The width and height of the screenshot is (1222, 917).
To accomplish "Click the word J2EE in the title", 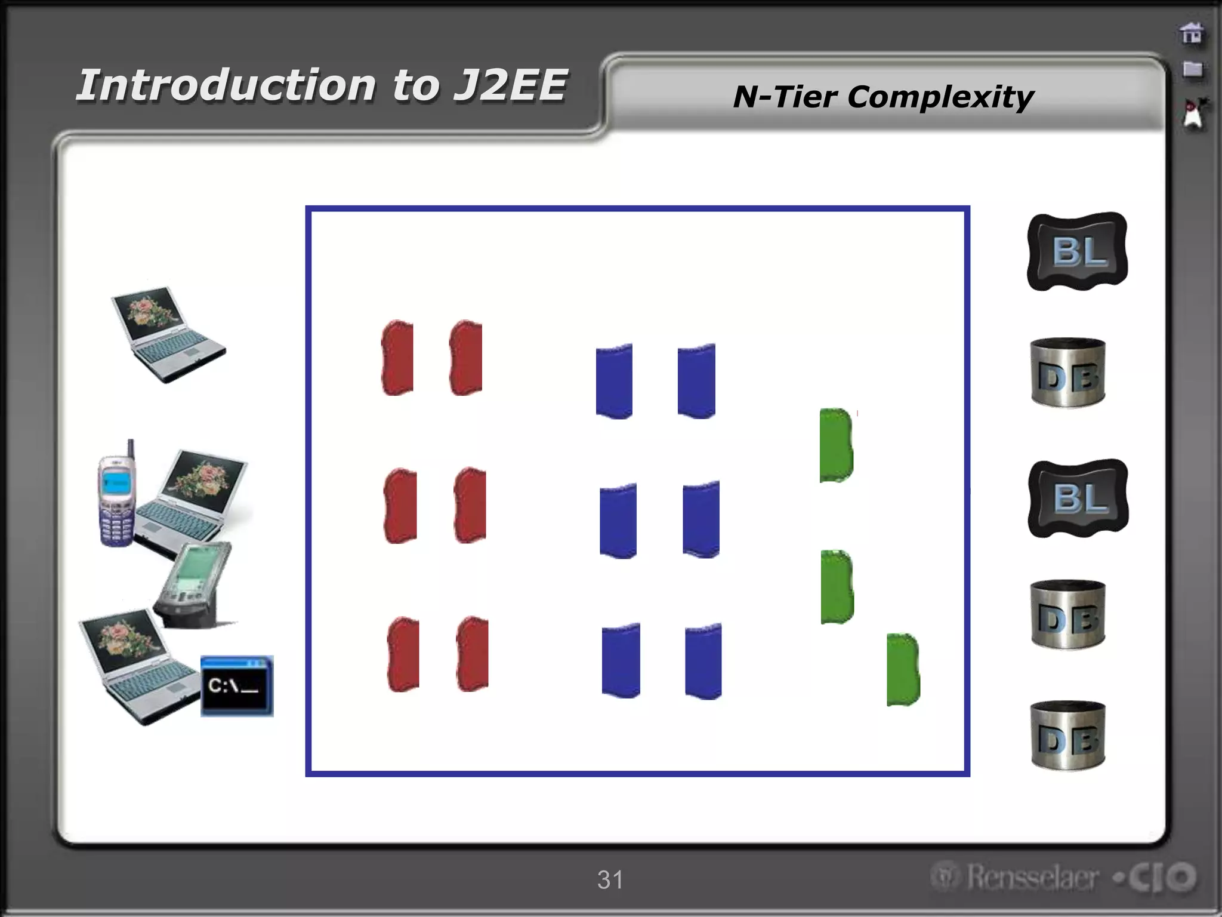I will point(509,85).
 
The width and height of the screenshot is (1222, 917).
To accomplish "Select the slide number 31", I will point(610,879).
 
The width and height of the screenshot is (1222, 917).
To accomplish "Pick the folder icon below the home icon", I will point(1192,69).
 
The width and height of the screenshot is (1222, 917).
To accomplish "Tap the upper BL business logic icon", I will point(1078,251).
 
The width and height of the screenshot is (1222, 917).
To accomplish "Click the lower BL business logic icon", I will point(1078,498).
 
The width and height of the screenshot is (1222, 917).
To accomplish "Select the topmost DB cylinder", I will point(1068,373).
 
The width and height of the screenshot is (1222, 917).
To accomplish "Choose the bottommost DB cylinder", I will point(1068,735).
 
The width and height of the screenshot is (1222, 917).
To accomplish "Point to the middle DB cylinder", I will point(1068,614).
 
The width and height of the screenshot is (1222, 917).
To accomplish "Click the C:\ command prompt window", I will point(237,686).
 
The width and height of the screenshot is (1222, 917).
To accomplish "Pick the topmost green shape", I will point(836,445).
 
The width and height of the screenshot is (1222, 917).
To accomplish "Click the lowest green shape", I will point(903,670).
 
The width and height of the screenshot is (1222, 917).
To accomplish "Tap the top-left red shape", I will point(397,358).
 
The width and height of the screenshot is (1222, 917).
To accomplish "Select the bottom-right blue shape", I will point(703,661).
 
